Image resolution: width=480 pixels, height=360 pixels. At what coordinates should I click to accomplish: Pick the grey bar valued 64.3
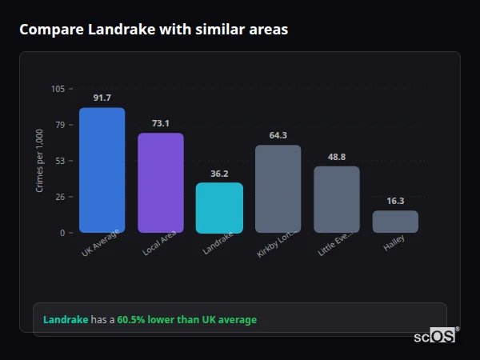click(x=278, y=189)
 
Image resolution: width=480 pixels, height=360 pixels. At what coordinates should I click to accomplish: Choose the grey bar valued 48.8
click(x=337, y=199)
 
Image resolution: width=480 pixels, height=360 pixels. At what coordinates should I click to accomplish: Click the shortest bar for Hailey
click(x=395, y=222)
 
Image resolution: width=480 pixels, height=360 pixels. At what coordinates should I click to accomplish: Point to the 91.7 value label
click(x=102, y=98)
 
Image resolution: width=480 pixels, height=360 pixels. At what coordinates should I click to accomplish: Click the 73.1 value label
click(x=160, y=123)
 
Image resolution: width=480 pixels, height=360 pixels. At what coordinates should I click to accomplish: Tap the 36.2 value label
click(x=219, y=174)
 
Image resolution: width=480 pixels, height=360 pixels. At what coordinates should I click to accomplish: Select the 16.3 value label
click(x=395, y=201)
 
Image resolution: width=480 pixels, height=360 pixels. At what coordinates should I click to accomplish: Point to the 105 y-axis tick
click(x=58, y=89)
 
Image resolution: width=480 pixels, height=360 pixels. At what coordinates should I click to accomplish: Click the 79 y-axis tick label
click(x=60, y=125)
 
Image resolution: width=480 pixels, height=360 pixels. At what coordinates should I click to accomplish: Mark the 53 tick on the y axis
click(x=60, y=161)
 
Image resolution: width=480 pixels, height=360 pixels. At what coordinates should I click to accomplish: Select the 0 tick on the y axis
click(x=62, y=233)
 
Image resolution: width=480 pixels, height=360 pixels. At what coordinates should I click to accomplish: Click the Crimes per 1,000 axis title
click(x=40, y=161)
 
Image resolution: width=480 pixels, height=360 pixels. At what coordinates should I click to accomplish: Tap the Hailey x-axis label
click(x=394, y=244)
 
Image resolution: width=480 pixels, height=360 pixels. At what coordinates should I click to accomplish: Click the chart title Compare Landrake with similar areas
click(x=154, y=30)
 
